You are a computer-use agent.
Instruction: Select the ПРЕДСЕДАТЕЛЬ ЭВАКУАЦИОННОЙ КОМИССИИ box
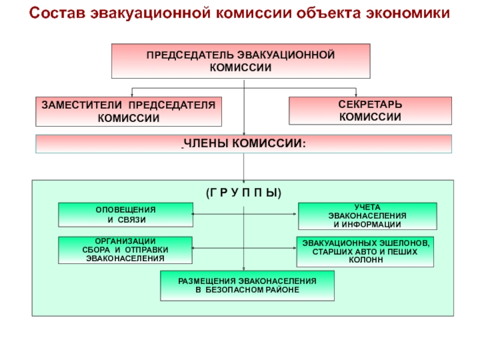pyautogui.click(x=241, y=61)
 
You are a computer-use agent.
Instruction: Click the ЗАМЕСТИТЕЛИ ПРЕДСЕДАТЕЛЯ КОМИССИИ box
pyautogui.click(x=128, y=112)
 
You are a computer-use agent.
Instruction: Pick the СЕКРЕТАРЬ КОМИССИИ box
pyautogui.click(x=370, y=111)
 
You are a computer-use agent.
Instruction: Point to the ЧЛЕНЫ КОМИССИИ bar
pyautogui.click(x=244, y=144)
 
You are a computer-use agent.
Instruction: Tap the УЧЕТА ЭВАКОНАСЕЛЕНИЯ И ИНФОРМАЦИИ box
pyautogui.click(x=367, y=215)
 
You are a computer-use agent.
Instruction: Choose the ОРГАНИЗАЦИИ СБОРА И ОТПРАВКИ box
pyautogui.click(x=126, y=250)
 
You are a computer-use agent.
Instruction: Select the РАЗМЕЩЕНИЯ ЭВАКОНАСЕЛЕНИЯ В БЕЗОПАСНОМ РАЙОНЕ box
pyautogui.click(x=247, y=286)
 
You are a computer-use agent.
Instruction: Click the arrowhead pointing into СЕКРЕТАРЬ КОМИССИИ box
pyautogui.click(x=356, y=95)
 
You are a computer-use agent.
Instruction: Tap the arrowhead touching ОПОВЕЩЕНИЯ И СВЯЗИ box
pyautogui.click(x=192, y=213)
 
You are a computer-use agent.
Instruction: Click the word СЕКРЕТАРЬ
pyautogui.click(x=370, y=106)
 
